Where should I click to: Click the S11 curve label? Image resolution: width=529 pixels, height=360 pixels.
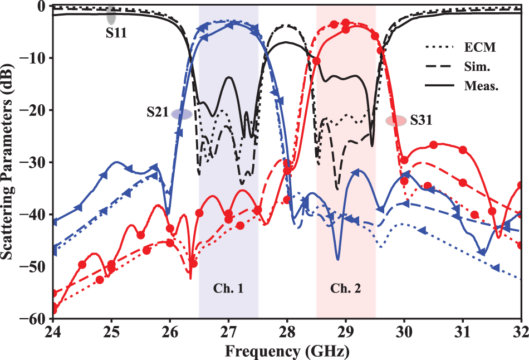coord(116,33)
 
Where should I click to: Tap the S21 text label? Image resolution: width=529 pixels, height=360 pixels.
coord(158,112)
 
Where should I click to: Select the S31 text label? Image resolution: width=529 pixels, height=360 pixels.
coord(421,119)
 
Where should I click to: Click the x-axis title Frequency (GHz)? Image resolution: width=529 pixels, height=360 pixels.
coord(288,351)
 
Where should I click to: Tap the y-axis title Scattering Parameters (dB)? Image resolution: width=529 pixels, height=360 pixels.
coord(9,162)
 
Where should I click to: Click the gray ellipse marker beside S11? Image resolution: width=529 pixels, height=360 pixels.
coord(111,12)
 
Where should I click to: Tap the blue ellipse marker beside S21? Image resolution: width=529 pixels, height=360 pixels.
coord(182,114)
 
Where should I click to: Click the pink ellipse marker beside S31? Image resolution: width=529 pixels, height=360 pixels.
coord(396,120)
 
